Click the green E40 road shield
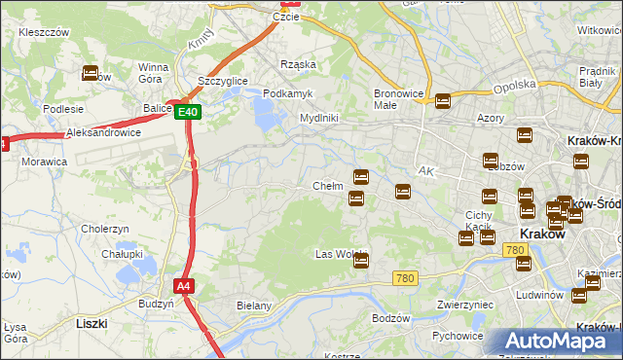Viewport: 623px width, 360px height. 189,113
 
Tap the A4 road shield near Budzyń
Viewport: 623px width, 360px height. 183,286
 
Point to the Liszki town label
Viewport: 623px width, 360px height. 92,322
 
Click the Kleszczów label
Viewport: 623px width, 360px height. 44,32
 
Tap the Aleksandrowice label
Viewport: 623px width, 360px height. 103,132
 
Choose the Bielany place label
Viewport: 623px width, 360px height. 253,306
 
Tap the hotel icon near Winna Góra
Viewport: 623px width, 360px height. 91,72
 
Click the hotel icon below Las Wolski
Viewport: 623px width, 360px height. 361,260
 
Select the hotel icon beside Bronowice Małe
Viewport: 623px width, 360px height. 444,100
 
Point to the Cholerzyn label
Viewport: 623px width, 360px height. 106,229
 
